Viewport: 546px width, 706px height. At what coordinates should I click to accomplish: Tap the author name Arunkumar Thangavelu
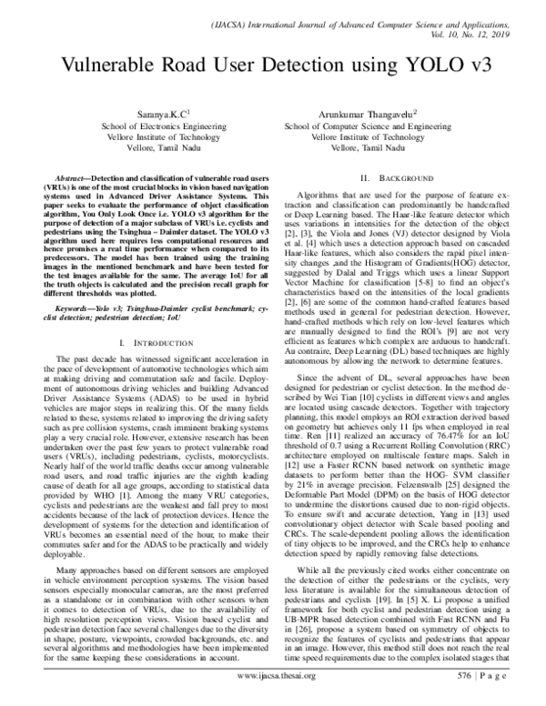[379, 115]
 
